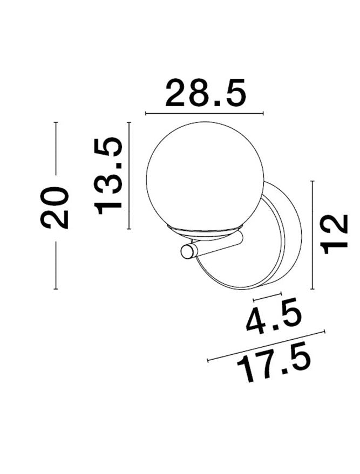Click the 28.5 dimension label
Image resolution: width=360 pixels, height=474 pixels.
point(206,93)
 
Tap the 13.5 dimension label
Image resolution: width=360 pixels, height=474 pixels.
point(108,176)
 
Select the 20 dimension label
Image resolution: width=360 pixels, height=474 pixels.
point(55,208)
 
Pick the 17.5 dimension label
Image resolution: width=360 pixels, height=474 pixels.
point(274,366)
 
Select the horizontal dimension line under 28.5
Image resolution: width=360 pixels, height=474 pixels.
point(205,113)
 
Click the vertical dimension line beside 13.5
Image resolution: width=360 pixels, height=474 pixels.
point(129,175)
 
